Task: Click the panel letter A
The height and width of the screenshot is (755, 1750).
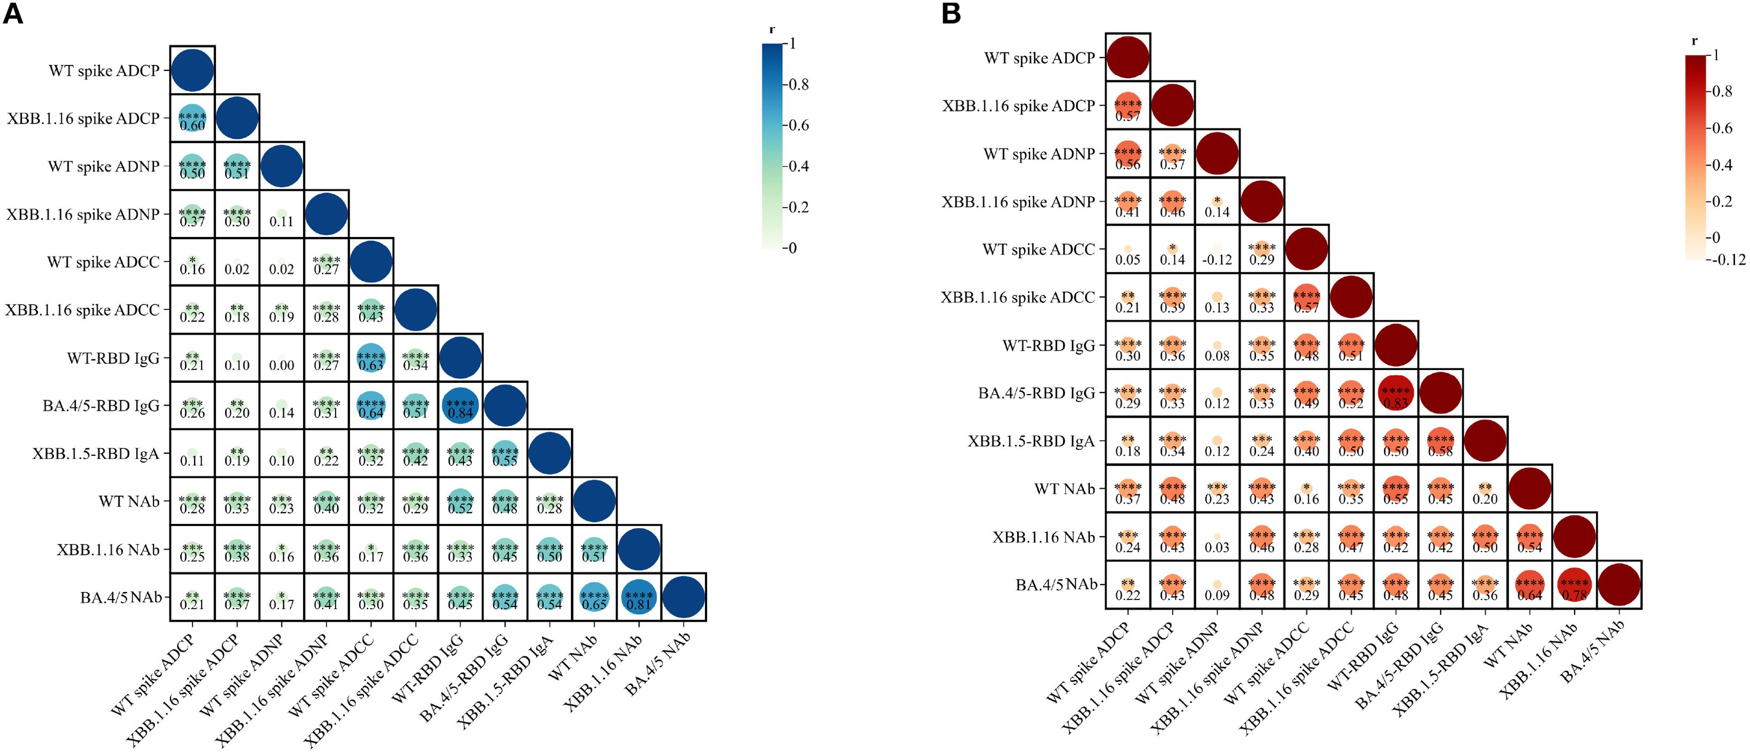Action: (13, 13)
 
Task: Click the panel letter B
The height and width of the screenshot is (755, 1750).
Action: (951, 13)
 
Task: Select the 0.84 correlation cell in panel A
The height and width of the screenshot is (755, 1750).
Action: (460, 406)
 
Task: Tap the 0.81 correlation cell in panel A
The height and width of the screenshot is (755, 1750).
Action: (639, 597)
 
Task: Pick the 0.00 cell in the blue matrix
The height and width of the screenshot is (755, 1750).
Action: (281, 359)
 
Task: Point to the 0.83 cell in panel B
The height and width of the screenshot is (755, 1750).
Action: (1396, 393)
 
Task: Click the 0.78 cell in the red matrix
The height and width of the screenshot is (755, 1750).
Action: (1574, 584)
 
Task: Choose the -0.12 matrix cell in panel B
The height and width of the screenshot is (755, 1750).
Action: (1217, 249)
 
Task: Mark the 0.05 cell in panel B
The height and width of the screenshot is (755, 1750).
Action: (1128, 249)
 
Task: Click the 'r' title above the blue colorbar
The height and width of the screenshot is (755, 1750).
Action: (772, 31)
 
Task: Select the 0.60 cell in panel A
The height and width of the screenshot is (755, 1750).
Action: (192, 119)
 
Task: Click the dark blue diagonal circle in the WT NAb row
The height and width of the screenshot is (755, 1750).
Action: (594, 501)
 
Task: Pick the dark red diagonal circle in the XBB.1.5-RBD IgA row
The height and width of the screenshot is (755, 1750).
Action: (1485, 440)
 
